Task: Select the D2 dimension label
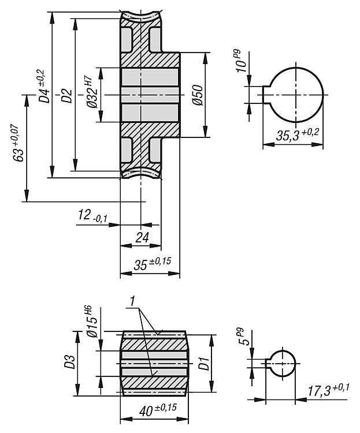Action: tap(66, 95)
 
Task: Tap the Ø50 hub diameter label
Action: tap(198, 95)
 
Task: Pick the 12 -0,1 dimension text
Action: tap(92, 216)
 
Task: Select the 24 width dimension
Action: tap(142, 237)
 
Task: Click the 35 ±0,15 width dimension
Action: tap(153, 263)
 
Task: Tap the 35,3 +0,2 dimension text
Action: tap(297, 135)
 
